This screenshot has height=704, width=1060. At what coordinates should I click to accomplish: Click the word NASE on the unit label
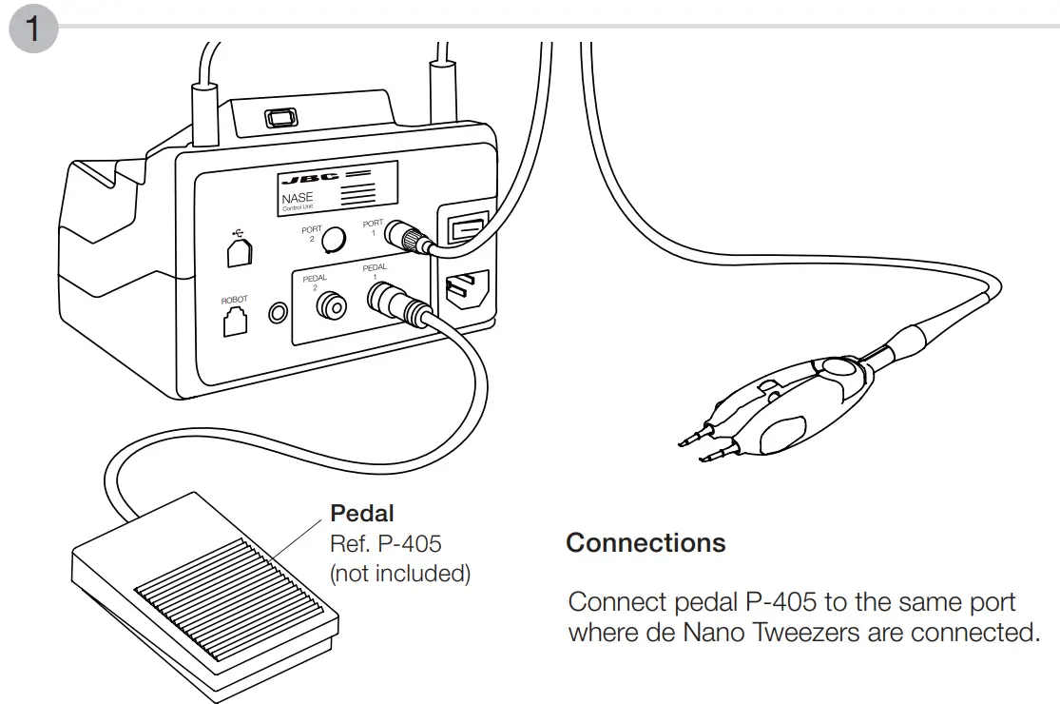point(298,198)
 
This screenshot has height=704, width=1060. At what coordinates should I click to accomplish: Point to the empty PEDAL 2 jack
point(332,304)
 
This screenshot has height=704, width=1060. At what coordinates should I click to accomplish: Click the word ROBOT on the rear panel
point(234,300)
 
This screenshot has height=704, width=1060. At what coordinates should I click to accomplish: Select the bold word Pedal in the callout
point(361,513)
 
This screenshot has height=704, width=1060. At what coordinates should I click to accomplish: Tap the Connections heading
point(646,543)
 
